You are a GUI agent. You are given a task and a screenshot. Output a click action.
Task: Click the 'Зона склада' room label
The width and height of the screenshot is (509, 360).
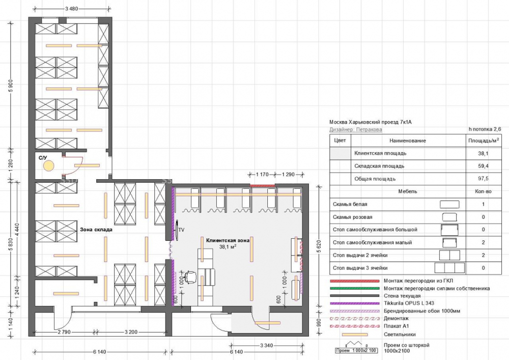pyautogui.click(x=96, y=230)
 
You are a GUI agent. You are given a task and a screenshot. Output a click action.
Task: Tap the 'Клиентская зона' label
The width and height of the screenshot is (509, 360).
pyautogui.click(x=228, y=240)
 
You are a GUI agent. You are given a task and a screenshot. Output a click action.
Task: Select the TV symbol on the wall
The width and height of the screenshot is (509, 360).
pyautogui.click(x=177, y=230)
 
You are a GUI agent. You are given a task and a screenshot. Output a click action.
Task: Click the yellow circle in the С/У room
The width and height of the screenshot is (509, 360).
pyautogui.click(x=49, y=166)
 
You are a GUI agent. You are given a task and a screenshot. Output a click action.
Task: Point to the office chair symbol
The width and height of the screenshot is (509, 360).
pyautogui.click(x=190, y=277)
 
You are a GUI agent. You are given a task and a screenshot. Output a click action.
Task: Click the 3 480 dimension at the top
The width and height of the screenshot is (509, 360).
pyautogui.click(x=72, y=9)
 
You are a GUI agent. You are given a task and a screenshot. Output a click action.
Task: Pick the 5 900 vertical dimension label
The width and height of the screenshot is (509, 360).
pyautogui.click(x=11, y=86)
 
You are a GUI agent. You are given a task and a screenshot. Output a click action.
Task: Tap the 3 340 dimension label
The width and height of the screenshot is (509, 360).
pyautogui.click(x=267, y=345)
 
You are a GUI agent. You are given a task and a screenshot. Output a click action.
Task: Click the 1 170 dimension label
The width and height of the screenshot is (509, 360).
pyautogui.click(x=262, y=174)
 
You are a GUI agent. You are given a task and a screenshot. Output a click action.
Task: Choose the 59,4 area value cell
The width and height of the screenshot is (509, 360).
pyautogui.click(x=484, y=166)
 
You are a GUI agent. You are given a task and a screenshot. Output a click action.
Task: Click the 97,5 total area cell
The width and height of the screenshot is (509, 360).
pyautogui.click(x=484, y=179)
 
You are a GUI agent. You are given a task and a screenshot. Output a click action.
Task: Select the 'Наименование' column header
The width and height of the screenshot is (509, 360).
pyautogui.click(x=407, y=141)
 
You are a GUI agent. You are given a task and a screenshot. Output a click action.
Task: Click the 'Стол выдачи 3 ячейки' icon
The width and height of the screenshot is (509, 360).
pyautogui.click(x=449, y=268)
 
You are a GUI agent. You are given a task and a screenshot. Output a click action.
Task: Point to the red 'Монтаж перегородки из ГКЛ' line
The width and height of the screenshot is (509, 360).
pyautogui.click(x=354, y=281)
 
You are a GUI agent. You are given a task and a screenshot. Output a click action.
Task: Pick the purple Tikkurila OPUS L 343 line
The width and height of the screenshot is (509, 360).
pyautogui.click(x=354, y=303)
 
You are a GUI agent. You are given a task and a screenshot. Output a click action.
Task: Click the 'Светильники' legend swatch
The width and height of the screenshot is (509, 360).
pyautogui.click(x=354, y=335)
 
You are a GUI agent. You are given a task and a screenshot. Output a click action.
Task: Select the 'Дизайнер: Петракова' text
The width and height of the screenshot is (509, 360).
pyautogui.click(x=356, y=129)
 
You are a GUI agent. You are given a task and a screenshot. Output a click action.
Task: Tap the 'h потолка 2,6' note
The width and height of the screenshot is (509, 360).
pyautogui.click(x=485, y=129)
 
